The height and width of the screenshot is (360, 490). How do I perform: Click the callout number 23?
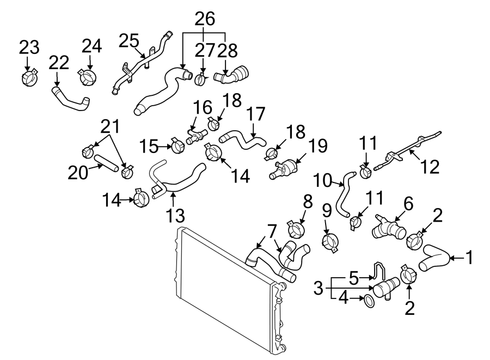[29, 47]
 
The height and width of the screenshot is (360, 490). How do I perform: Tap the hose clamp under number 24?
[87, 77]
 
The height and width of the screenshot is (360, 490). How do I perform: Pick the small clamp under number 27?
[201, 80]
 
